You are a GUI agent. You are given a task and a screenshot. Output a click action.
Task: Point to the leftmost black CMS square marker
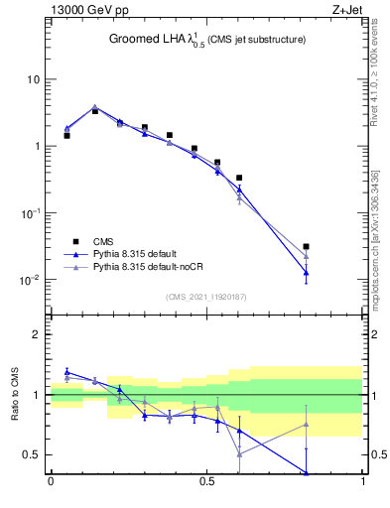coord(66,135)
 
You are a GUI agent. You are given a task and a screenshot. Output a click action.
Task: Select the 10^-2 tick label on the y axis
coord(30,280)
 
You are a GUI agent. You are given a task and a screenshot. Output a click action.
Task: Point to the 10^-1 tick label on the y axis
coord(30,213)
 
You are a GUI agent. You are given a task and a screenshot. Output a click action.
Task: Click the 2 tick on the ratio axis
coord(37,335)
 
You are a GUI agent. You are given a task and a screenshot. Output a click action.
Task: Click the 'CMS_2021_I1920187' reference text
coord(206,297)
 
